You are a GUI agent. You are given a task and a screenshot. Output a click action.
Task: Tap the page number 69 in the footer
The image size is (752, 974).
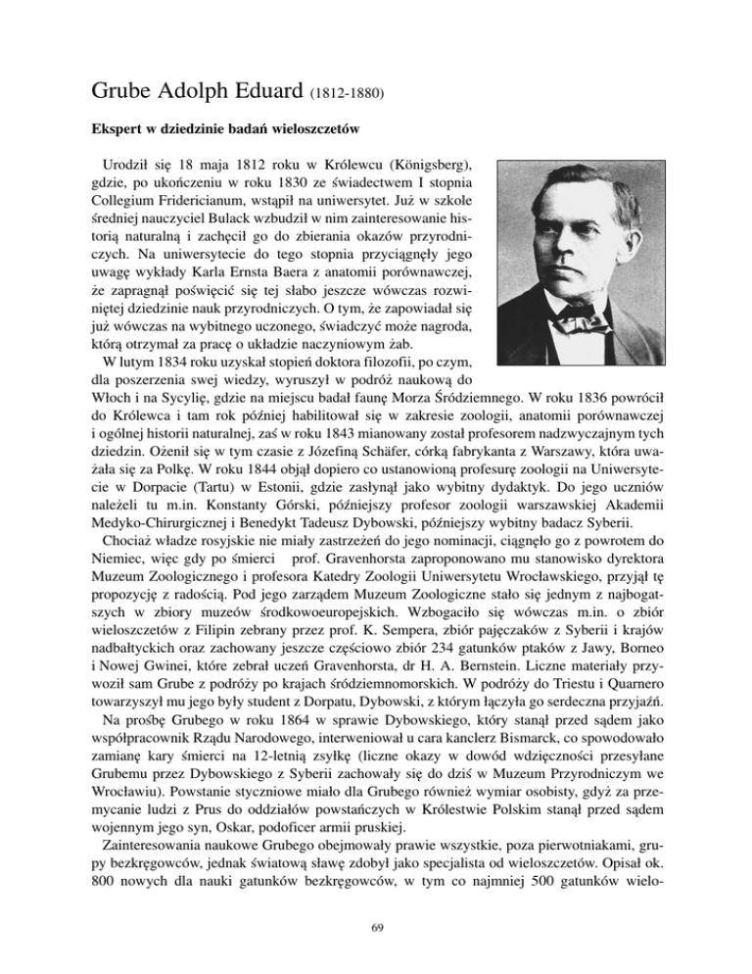[x=375, y=955]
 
